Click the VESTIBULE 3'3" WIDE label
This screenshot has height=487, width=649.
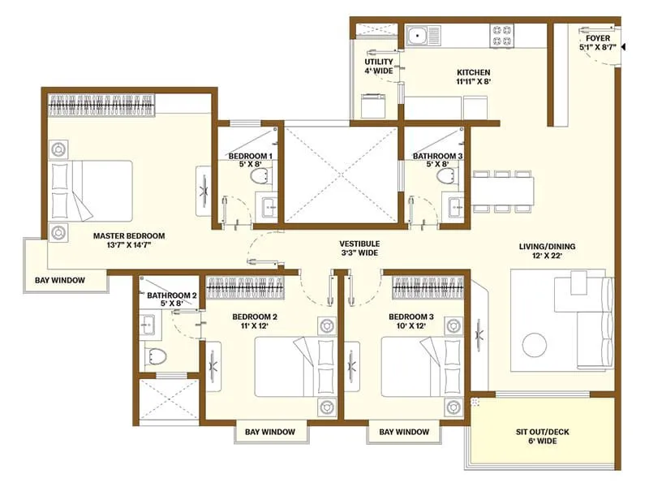(x=359, y=248)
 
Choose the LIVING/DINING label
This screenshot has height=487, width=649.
(x=541, y=252)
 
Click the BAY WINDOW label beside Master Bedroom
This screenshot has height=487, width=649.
(x=60, y=281)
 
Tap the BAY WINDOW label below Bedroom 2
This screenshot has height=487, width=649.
(x=270, y=432)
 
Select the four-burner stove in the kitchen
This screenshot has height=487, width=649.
(x=501, y=35)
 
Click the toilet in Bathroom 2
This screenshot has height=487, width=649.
(x=154, y=355)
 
